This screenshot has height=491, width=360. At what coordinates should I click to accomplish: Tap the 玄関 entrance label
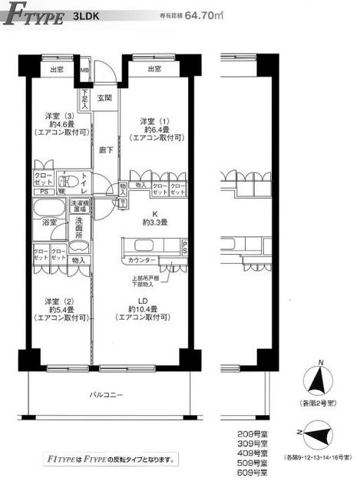[x=104, y=97]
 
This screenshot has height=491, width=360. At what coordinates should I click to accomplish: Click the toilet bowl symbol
[x=68, y=183]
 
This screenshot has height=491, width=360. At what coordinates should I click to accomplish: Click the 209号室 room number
[x=253, y=435]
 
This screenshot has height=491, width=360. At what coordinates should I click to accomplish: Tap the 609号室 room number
[x=253, y=473]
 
